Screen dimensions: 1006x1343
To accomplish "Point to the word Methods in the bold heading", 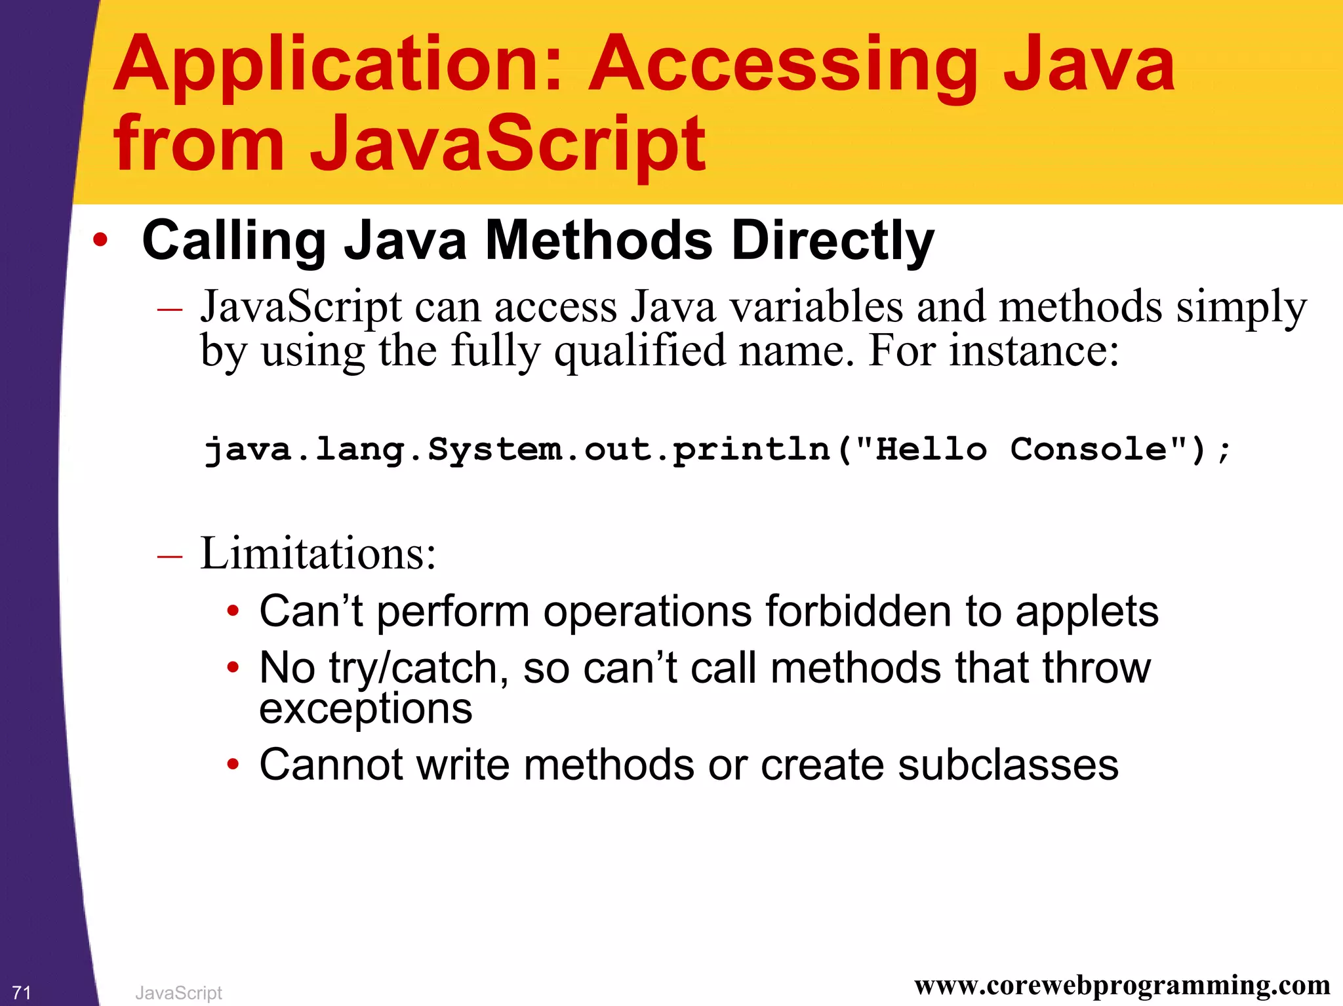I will pyautogui.click(x=598, y=241).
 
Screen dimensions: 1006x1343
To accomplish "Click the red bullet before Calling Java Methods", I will pyautogui.click(x=100, y=240).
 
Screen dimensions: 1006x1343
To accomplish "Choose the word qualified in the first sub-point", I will pyautogui.click(x=639, y=352).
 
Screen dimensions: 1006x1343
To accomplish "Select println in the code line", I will pyautogui.click(x=752, y=450).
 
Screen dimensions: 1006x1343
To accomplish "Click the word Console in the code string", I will pyautogui.click(x=1089, y=450).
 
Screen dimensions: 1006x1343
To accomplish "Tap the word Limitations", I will pyautogui.click(x=317, y=554).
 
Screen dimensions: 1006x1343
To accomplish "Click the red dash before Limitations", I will pyautogui.click(x=170, y=556).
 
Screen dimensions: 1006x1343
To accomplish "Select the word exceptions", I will pyautogui.click(x=365, y=709).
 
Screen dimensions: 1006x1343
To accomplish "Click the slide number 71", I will pyautogui.click(x=22, y=992).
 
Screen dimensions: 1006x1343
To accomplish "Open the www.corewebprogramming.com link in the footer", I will pyautogui.click(x=1122, y=986).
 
